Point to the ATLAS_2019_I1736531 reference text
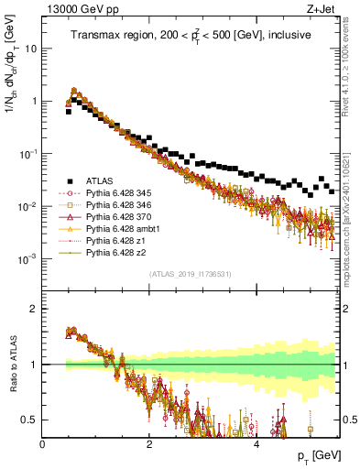click(x=190, y=274)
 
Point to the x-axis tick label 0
click(x=43, y=443)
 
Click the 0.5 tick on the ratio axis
click(x=30, y=420)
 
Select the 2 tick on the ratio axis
click(x=35, y=309)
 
